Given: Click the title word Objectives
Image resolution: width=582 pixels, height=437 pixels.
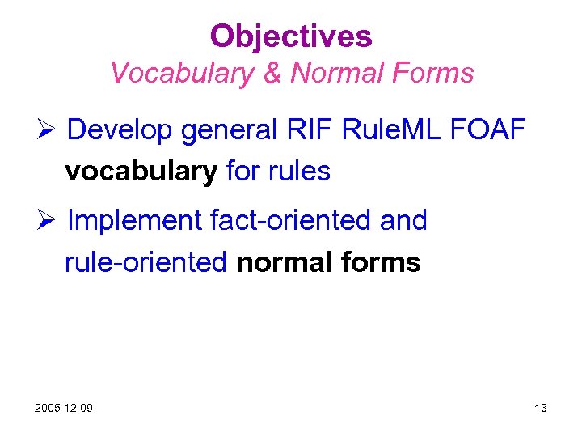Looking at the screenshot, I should (x=291, y=36).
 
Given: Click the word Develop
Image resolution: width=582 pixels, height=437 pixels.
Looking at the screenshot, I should (x=120, y=129).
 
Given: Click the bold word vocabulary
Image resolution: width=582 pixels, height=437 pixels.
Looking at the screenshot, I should (x=141, y=172).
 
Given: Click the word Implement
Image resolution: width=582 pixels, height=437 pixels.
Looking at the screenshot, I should (x=134, y=221).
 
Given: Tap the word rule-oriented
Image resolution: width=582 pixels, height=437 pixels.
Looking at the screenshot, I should (x=146, y=262).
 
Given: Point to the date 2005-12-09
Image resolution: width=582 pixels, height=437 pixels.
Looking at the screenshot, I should (x=63, y=408).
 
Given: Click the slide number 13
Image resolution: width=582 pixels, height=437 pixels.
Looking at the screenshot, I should (x=541, y=408).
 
